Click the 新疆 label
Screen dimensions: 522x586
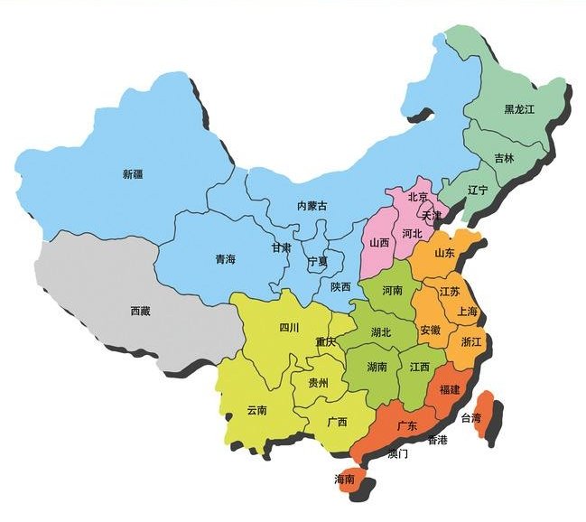coord(134,173)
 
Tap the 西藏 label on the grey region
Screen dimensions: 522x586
coord(140,311)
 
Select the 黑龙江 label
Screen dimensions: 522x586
coord(520,109)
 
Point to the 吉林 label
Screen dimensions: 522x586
coord(504,158)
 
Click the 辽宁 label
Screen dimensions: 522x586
coord(478,191)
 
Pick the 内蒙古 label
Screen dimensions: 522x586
coord(312,206)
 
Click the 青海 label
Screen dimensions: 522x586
coord(225,259)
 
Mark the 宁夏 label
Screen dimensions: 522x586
coord(318,261)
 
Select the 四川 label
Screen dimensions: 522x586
coord(289,327)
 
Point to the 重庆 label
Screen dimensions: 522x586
coord(325,342)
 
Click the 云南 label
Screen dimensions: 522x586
coord(256,410)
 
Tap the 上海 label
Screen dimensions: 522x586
coord(468,312)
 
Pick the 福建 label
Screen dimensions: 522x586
coord(449,389)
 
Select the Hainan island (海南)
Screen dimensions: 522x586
coord(348,481)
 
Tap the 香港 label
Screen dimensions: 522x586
coord(437,441)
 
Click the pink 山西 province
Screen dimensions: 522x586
coord(378,244)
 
